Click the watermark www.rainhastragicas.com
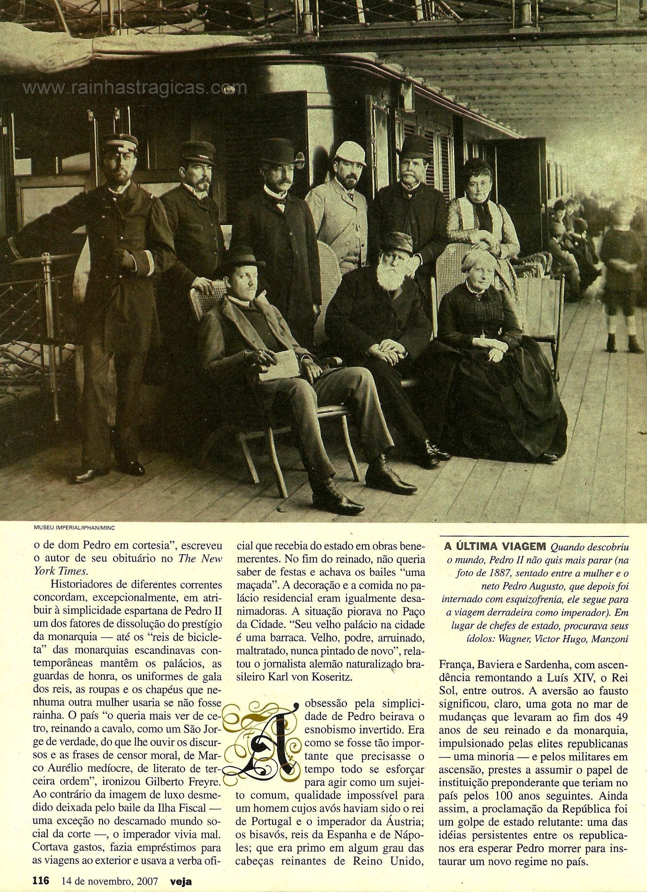pos(134,88)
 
